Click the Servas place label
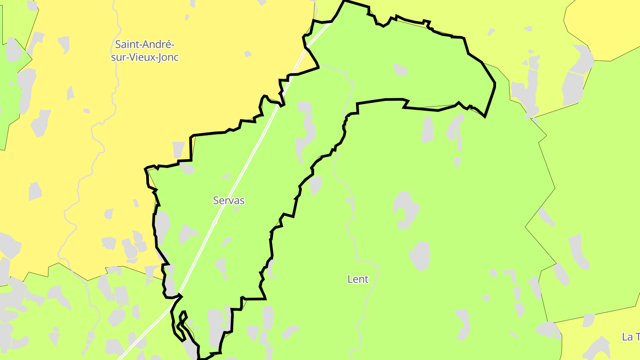(229, 200)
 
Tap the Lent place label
(358, 279)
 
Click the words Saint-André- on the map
(145, 44)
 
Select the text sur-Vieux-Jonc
(145, 57)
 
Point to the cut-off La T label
(631, 337)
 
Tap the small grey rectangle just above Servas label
(226, 176)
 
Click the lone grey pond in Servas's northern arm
(400, 69)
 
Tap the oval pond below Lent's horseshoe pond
(420, 256)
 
